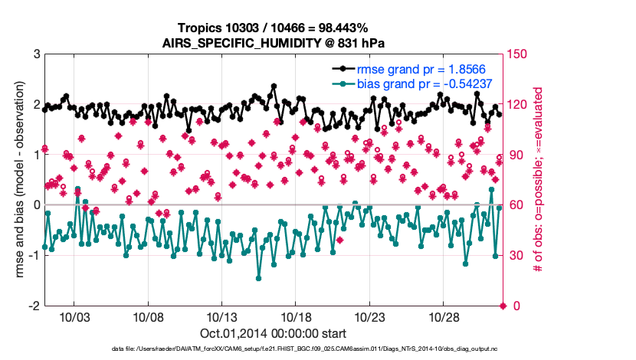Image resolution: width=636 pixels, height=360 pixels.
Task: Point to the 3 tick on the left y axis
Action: coord(36,54)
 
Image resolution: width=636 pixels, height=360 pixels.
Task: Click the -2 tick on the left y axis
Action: coord(34,306)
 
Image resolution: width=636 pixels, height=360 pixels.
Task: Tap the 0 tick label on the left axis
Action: coord(36,205)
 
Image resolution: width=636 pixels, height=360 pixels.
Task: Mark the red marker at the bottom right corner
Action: coord(503,306)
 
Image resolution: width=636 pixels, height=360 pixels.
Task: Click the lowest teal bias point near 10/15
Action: coord(259,278)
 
